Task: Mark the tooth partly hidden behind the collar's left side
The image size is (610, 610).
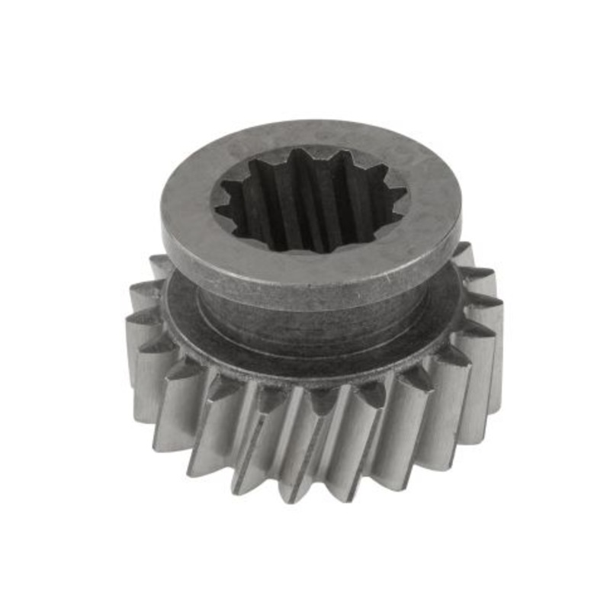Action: coord(160,267)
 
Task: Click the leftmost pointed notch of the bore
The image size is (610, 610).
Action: coord(216,207)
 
